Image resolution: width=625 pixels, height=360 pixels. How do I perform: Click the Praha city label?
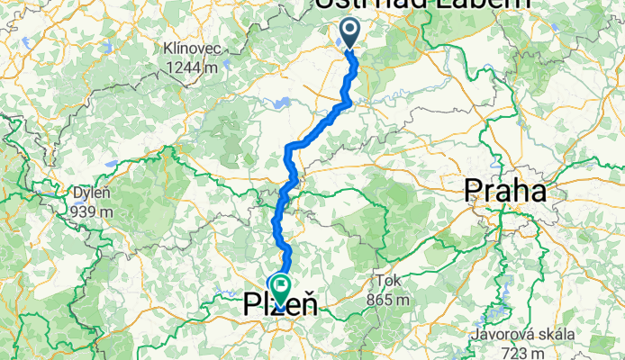pyautogui.click(x=504, y=192)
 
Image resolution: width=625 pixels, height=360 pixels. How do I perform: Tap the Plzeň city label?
pyautogui.click(x=280, y=306)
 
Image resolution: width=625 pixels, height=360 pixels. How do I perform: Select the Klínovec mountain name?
pyautogui.click(x=190, y=48)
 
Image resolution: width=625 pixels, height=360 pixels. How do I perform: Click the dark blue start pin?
pyautogui.click(x=349, y=34)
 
